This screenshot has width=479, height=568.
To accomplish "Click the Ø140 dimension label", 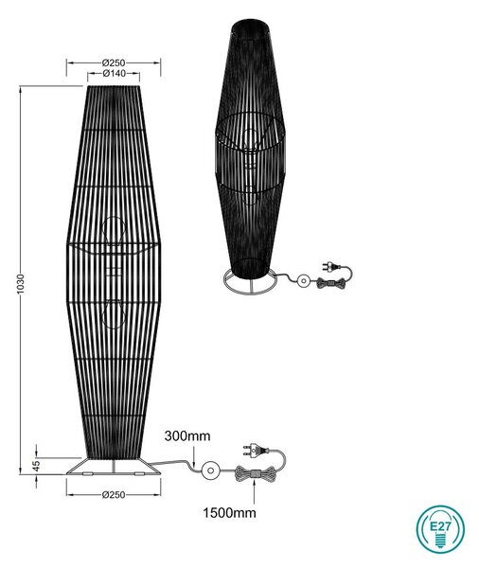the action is tap(115, 73).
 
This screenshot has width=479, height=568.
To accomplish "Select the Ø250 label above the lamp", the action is tap(114, 62).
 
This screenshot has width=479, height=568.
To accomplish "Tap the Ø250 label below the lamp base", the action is tap(114, 494).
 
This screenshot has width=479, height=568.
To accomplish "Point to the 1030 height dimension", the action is tap(21, 284).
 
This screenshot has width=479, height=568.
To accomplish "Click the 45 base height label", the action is tap(36, 466).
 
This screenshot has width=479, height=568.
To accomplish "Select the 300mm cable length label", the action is tap(187, 435).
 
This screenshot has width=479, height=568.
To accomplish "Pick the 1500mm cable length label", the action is tap(229, 512).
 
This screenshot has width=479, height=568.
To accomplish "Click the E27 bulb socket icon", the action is tap(440, 529).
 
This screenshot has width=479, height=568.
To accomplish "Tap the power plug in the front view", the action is tap(255, 452).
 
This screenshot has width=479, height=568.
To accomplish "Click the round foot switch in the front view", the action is tap(210, 470).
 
